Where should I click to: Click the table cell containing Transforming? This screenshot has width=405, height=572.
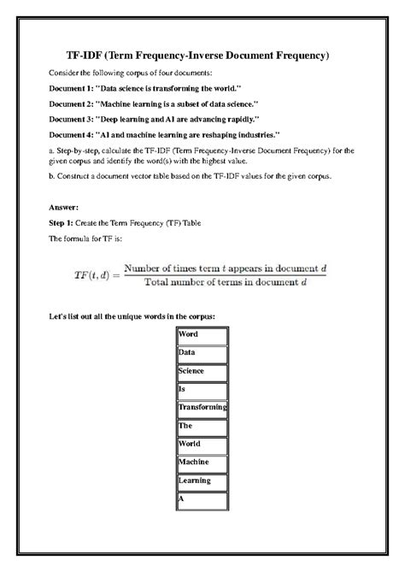pos(202,409)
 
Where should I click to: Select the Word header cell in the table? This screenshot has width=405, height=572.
pos(202,334)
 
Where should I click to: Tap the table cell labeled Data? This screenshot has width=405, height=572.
pos(202,352)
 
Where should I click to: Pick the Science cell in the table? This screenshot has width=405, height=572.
pos(202,371)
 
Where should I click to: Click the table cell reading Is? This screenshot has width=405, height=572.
pos(202,390)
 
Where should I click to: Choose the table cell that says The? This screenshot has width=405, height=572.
pos(202,427)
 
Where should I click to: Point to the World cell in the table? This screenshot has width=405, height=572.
pos(202,445)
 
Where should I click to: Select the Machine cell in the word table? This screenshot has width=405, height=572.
pos(202,463)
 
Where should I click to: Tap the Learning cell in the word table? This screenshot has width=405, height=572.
pos(202,481)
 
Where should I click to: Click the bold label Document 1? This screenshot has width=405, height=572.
pos(74,89)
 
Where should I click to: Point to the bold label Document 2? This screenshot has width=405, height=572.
pos(74,103)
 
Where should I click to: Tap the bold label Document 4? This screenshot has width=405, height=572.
pos(74,134)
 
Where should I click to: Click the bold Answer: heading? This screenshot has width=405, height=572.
pos(65,207)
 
